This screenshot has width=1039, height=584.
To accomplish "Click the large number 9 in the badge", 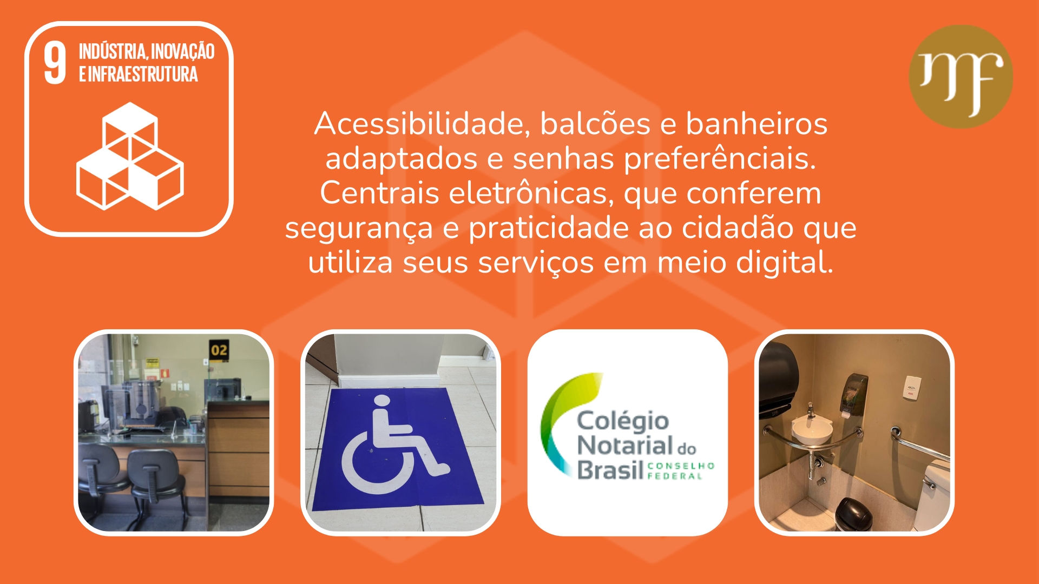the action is pos(55,63).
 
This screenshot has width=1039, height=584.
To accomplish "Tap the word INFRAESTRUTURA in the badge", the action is pos(143,74).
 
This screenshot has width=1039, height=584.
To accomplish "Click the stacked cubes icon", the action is pos(130,156).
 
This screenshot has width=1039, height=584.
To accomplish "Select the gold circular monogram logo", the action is pos(961,76).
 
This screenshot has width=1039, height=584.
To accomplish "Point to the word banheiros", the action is pos(757,124).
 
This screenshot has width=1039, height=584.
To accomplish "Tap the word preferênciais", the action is pos(720,159).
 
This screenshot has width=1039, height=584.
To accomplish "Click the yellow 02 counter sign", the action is pos(219,350).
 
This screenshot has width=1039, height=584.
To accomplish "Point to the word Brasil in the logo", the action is pos(610,469).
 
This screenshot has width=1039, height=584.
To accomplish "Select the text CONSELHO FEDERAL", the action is pos(681,470).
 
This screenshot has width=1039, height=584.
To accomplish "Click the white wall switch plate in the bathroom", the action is pos(911,388).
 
